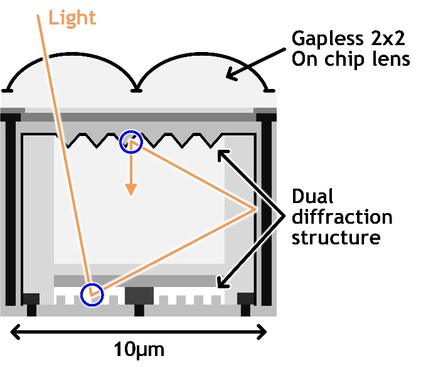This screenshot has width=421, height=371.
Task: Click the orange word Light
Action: (72, 18)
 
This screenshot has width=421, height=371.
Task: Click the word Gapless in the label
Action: (328, 39)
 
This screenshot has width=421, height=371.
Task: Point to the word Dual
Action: (312, 196)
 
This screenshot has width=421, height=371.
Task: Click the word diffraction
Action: (342, 217)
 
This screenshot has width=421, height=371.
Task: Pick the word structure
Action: (336, 238)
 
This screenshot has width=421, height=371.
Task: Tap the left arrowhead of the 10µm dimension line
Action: (15, 332)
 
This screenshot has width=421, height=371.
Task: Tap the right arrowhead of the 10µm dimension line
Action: (262, 332)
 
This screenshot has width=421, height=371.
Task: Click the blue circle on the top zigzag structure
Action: (131, 142)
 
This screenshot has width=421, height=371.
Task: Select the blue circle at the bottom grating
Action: (92, 295)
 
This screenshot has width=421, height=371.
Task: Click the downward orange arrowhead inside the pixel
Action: (131, 189)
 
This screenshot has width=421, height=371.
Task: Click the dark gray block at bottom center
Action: (139, 296)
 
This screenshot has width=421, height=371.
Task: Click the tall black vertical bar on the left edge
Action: (11, 210)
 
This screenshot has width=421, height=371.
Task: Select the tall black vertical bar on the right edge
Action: (267, 210)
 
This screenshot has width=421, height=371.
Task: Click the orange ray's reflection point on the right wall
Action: (255, 209)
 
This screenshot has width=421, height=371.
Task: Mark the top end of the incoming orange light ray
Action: (38, 16)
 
